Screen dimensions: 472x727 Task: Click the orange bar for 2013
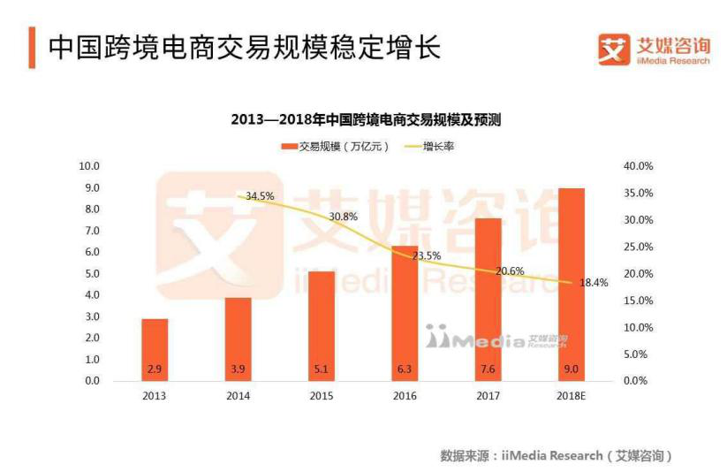point(154,349)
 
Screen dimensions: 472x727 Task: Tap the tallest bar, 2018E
point(572,284)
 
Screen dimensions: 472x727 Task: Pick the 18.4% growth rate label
point(594,283)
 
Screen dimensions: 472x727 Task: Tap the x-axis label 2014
point(237,396)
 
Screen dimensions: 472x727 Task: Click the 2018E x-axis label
point(572,396)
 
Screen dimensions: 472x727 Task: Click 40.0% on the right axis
point(638,166)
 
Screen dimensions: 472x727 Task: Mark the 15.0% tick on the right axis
point(638,301)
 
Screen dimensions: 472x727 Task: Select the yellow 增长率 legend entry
point(429,147)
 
